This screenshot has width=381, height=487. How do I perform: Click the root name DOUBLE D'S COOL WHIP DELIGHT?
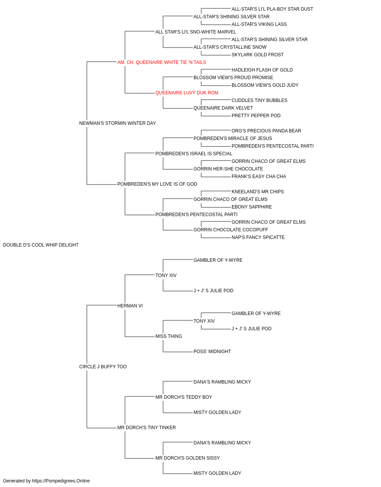41,245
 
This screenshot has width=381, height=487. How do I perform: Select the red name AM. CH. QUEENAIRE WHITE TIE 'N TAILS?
162,62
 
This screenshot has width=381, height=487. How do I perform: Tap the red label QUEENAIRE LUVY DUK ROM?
187,93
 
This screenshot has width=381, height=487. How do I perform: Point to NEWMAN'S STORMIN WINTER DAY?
117,123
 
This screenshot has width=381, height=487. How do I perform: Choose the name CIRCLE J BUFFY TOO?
103,367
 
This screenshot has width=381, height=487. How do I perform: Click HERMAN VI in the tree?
130,306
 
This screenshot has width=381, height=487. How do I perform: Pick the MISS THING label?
168,336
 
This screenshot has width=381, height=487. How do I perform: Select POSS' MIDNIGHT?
212,352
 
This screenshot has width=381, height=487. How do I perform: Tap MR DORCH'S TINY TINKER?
147,428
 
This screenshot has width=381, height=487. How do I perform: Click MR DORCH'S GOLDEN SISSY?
187,458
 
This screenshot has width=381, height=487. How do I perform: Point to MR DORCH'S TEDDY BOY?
184,397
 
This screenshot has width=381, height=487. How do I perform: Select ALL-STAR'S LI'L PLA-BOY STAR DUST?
272,9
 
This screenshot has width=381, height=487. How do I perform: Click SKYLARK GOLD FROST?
258,55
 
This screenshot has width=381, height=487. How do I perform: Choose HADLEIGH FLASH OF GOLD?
262,70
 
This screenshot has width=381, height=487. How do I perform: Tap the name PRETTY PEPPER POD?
256,116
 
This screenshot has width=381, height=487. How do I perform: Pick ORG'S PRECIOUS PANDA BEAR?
266,131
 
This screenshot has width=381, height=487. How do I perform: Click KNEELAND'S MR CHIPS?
258,192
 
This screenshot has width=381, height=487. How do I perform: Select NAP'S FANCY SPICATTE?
258,237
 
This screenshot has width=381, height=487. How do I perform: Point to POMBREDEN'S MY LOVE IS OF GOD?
157,184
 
